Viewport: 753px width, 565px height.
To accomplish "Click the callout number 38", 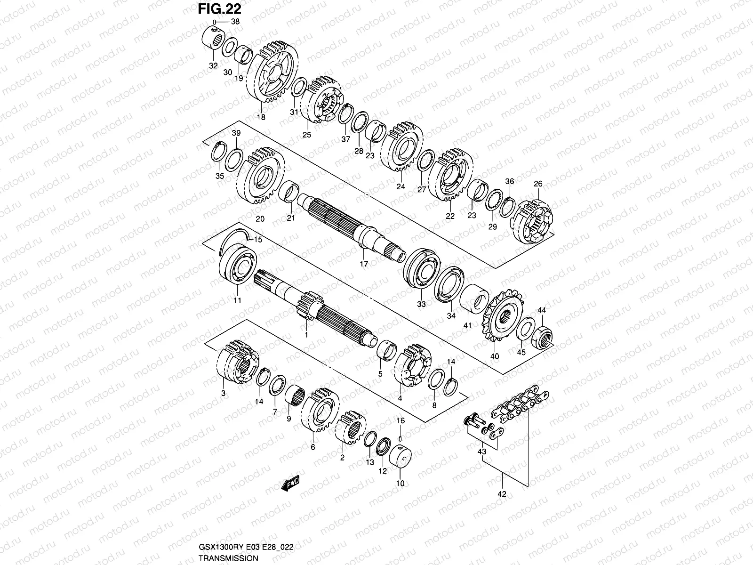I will click(x=235, y=22).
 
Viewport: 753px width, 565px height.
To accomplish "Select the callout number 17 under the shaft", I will click(x=364, y=264).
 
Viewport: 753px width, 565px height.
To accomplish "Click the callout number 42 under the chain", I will click(x=503, y=494).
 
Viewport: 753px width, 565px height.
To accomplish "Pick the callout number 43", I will click(x=482, y=452).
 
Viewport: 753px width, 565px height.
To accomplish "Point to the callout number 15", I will click(x=258, y=240).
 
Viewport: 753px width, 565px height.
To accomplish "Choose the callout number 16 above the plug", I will click(x=401, y=420).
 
